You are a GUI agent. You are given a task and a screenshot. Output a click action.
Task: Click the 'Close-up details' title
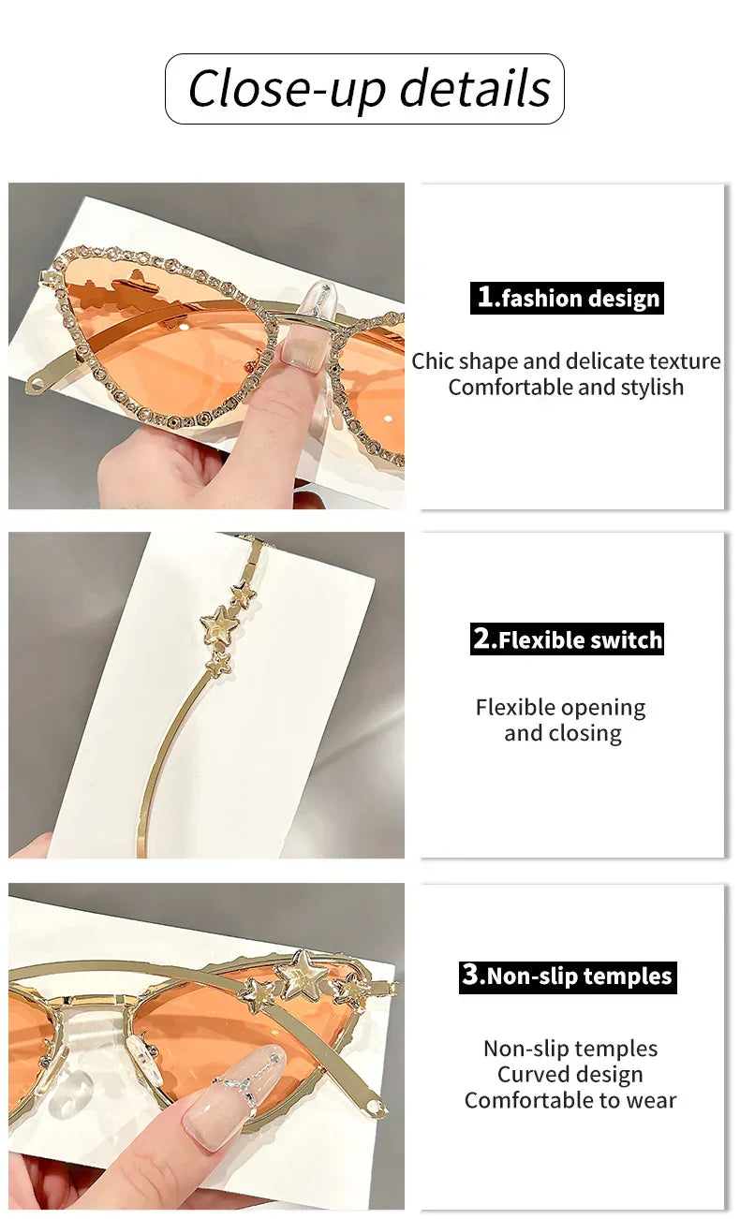[369, 88]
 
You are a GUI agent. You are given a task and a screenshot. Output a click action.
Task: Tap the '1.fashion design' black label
[567, 298]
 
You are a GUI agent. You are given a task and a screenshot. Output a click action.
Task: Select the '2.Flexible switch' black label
[567, 639]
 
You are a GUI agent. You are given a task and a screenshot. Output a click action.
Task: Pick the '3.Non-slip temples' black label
[568, 977]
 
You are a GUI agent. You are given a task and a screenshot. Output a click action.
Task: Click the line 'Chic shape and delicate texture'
[566, 361]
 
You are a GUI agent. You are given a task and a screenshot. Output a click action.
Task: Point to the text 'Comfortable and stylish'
[566, 388]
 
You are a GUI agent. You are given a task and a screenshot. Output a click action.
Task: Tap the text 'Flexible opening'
[560, 708]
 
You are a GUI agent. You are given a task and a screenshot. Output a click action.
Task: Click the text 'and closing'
[562, 733]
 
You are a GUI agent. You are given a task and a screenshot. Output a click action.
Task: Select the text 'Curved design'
[570, 1074]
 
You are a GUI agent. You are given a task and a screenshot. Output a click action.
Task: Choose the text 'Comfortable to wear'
[570, 1100]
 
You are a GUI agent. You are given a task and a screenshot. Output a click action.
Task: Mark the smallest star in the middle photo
[221, 664]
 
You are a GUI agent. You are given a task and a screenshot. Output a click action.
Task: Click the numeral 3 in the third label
[470, 976]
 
